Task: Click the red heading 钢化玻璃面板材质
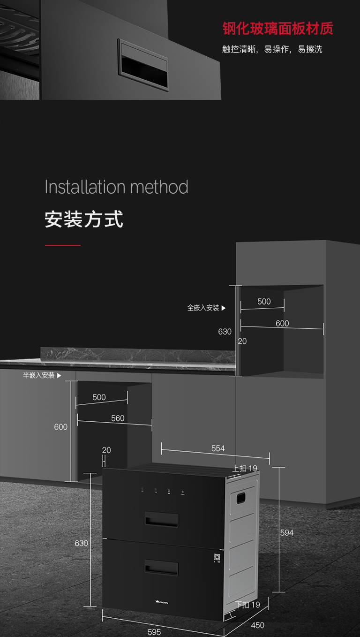277,28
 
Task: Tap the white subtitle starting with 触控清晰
272,49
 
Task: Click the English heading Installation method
116,187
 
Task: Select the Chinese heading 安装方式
84,219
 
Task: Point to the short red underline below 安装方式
63,245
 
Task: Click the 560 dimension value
118,418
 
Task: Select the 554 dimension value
218,448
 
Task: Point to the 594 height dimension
286,533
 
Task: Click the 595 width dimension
154,632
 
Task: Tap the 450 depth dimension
257,625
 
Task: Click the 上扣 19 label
245,468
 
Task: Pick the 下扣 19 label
247,605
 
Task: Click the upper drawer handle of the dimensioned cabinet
161,519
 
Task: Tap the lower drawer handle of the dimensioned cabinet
161,568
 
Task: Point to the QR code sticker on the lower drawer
217,559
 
